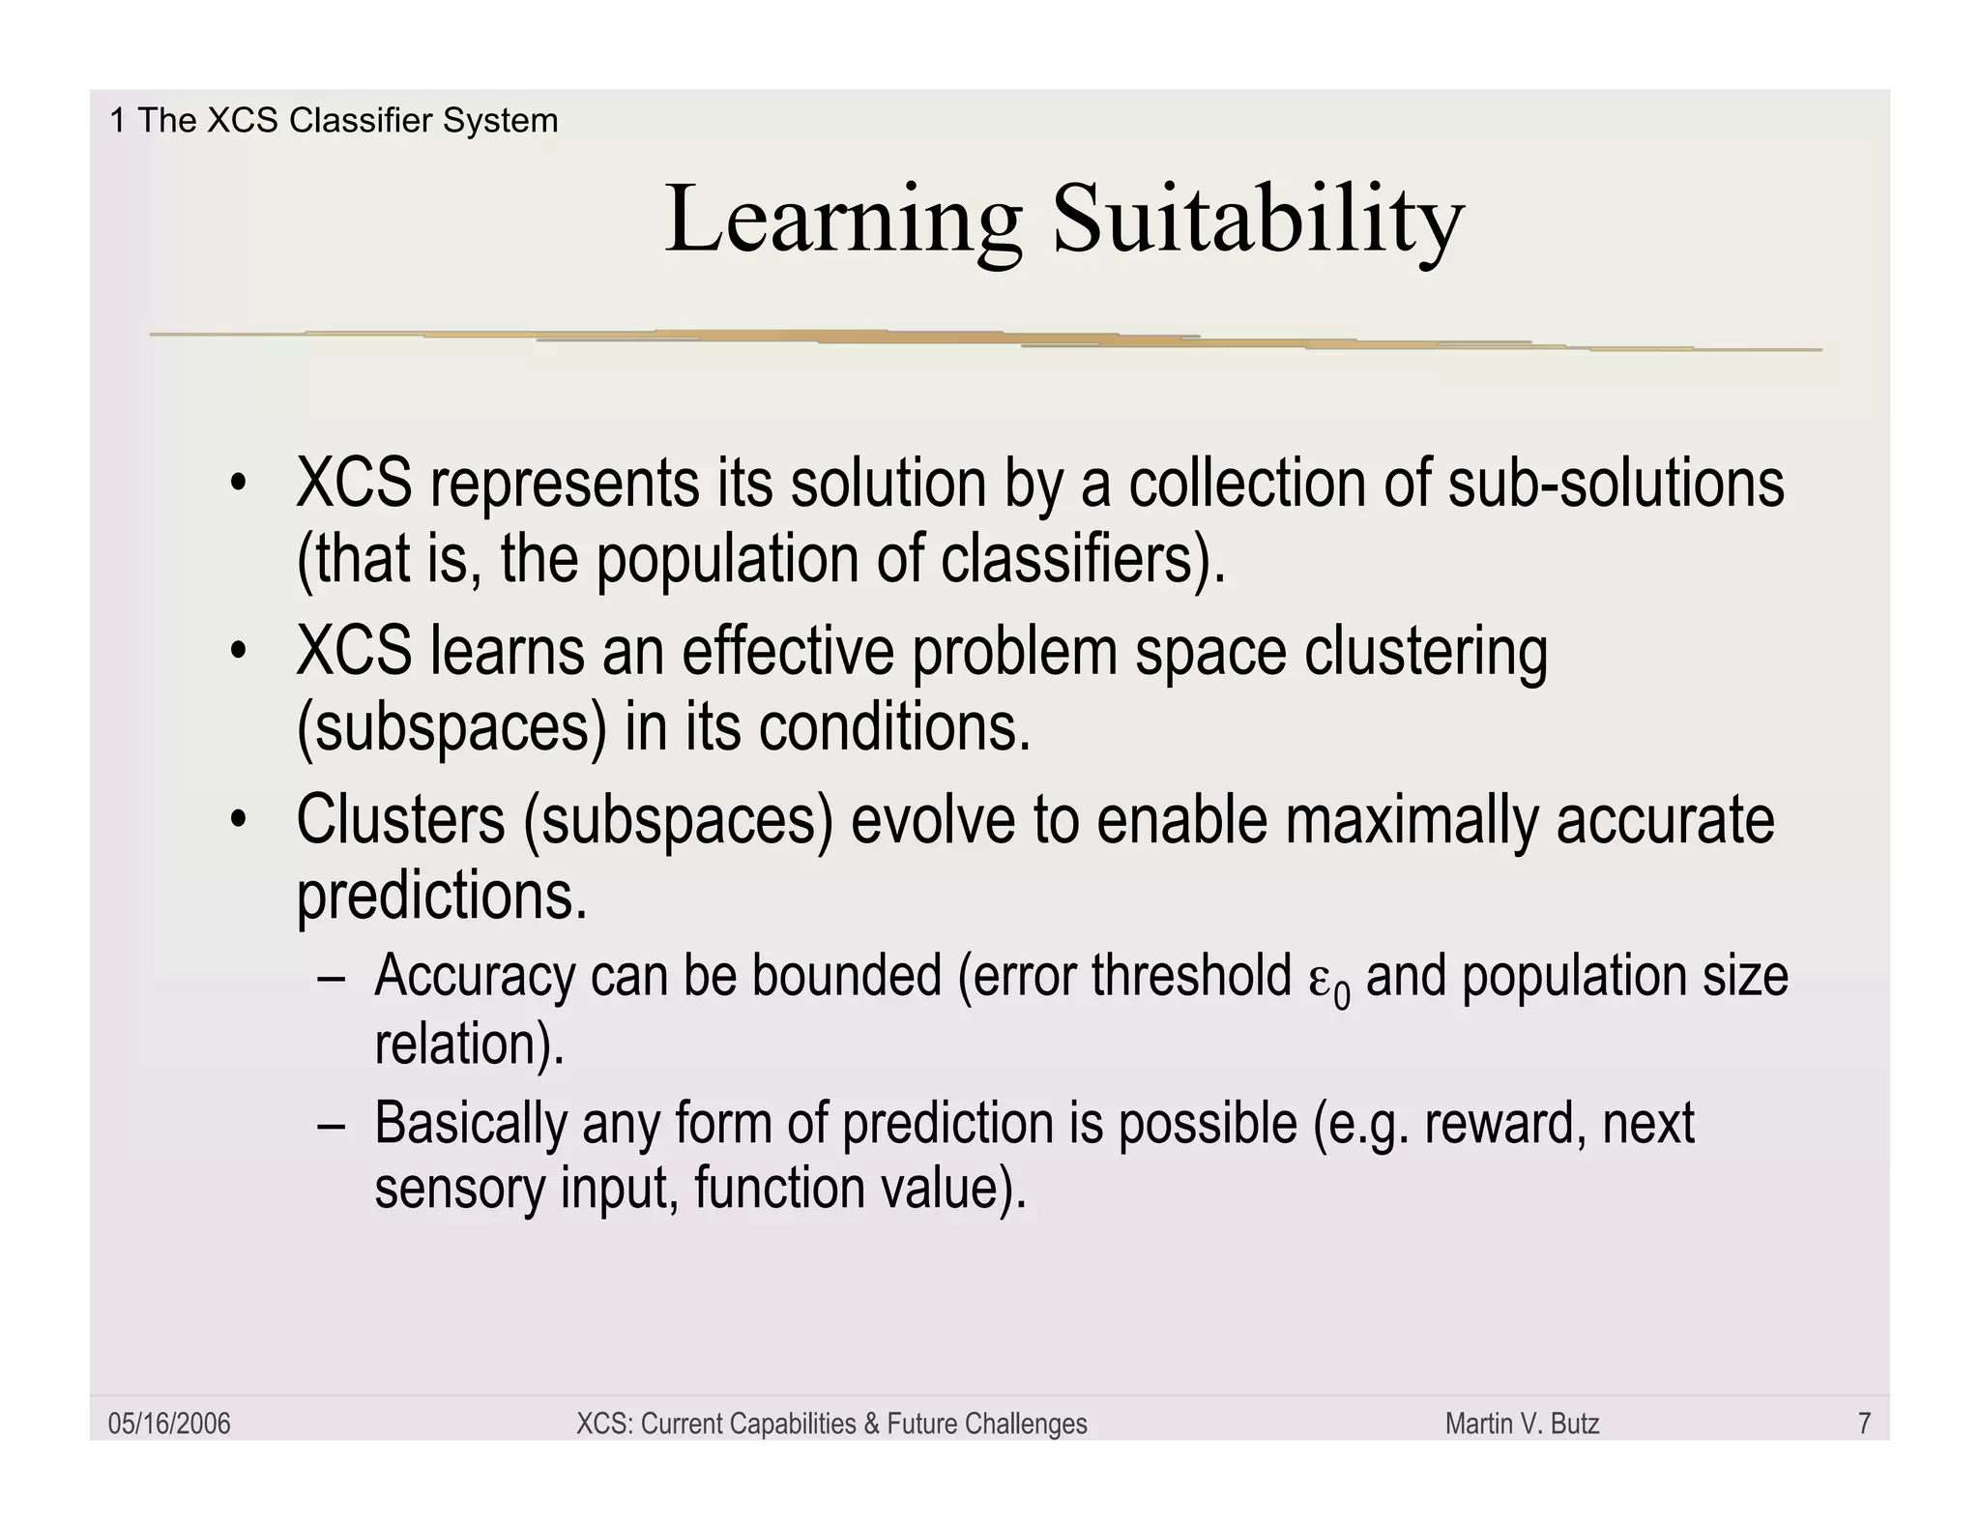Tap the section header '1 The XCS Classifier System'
point(334,121)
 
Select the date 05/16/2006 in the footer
point(169,1424)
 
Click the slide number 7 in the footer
point(1864,1424)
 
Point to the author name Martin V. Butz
point(1522,1424)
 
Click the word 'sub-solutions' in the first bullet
point(1616,483)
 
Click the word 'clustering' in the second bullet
point(1425,652)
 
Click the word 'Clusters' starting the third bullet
point(400,820)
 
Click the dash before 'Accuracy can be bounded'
point(332,977)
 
